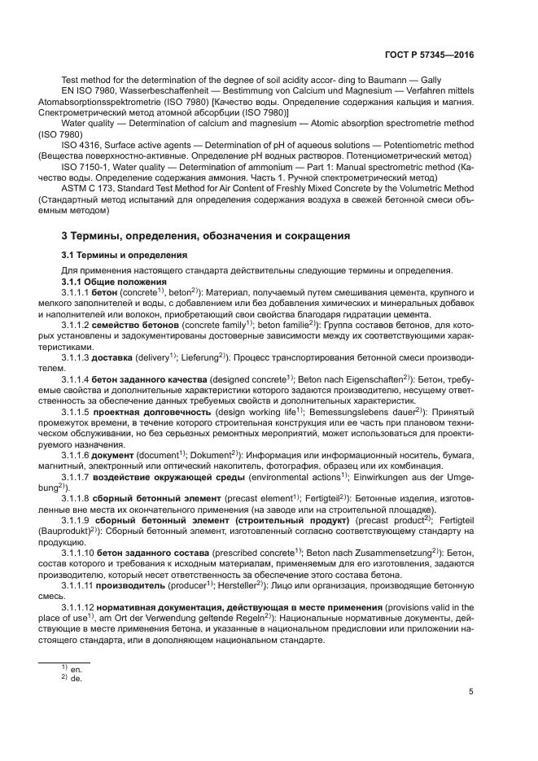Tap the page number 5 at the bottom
(471, 693)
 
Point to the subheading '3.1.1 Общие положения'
(113, 281)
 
